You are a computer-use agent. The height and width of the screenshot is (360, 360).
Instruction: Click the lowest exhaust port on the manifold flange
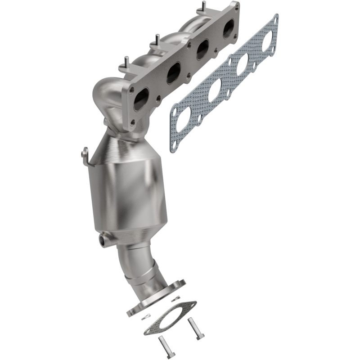tap(141, 99)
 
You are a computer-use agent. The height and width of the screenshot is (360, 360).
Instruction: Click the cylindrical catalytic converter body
tap(130, 193)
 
